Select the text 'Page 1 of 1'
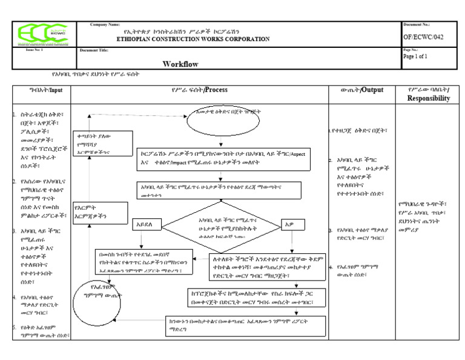coord(415,56)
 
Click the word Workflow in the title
coord(181,64)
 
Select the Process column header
coord(199,90)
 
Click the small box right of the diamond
coord(291,224)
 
